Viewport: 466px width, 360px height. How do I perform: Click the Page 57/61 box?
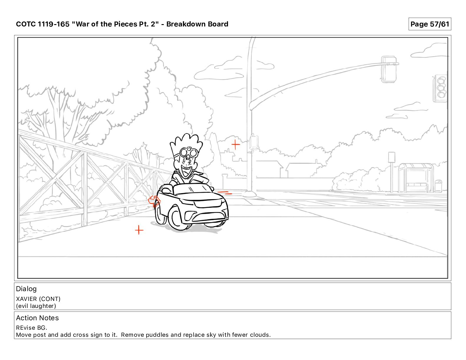tap(430, 24)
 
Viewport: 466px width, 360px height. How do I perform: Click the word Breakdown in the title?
tap(185, 24)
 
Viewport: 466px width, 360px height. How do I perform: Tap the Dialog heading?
tap(26, 289)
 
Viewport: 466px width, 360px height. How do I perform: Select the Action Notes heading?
tap(37, 318)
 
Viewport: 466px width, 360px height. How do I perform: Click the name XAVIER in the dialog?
tap(26, 299)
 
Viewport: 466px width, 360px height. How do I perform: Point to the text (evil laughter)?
tap(36, 306)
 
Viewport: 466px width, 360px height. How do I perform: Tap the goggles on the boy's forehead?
tap(189, 152)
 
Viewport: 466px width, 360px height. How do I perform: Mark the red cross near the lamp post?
tap(236, 144)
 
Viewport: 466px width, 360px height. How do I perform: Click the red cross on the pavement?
tap(139, 230)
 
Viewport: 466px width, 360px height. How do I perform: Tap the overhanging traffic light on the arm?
tap(389, 69)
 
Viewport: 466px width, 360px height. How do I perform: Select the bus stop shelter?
tap(416, 178)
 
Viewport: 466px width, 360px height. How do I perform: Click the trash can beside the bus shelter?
tap(438, 186)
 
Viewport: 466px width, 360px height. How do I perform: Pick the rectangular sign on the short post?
tap(392, 157)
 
